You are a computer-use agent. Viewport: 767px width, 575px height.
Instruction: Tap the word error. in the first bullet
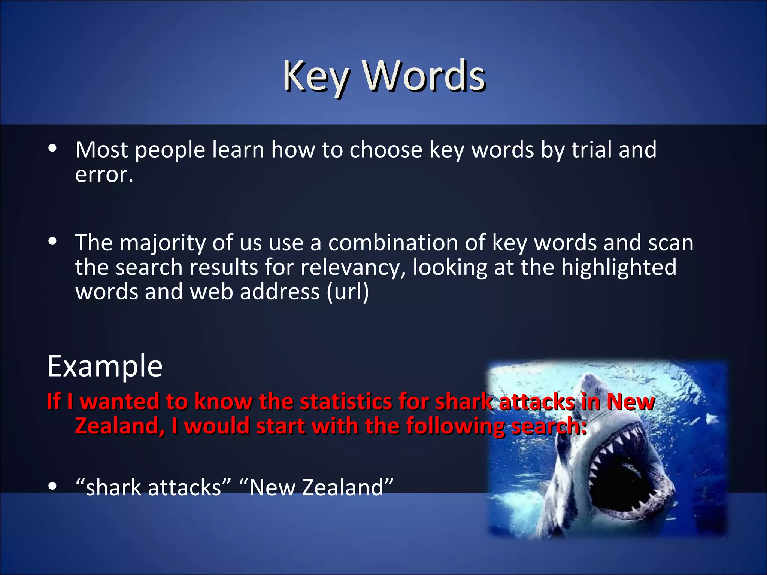tap(104, 174)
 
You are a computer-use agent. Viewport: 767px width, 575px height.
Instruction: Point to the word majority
tap(163, 243)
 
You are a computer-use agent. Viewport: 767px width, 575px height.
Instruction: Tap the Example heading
tap(105, 366)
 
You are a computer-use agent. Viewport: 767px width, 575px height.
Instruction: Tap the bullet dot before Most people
tap(52, 149)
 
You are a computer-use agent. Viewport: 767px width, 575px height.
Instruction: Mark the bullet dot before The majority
tap(52, 242)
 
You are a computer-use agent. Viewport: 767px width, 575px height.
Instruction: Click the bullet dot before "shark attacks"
tap(52, 486)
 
